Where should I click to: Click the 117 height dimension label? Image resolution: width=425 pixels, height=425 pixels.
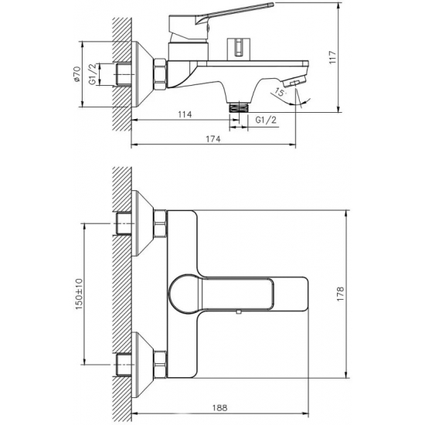click(332, 57)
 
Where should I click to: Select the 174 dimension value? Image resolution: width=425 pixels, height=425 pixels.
click(213, 139)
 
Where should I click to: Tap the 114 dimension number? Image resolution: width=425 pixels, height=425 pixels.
click(185, 114)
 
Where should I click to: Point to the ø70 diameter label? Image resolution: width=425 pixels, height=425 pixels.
click(77, 73)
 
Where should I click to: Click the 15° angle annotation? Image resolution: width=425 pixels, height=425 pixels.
click(280, 93)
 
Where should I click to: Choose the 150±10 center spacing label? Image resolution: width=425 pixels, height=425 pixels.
click(79, 294)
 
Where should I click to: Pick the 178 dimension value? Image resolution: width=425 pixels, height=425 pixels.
click(340, 294)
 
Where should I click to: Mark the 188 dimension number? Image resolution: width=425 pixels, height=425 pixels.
click(219, 407)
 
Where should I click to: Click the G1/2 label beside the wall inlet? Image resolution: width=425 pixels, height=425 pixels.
click(93, 73)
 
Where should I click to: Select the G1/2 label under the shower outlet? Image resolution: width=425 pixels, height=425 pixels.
click(266, 120)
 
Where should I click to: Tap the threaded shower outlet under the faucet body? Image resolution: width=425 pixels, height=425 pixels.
click(239, 107)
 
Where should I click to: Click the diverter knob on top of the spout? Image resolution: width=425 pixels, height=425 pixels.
click(239, 48)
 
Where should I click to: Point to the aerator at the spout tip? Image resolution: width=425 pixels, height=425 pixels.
click(294, 81)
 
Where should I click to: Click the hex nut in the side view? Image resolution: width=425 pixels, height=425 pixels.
click(160, 73)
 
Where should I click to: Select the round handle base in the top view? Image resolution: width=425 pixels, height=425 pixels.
click(185, 294)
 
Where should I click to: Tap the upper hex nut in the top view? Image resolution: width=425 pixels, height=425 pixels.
click(160, 224)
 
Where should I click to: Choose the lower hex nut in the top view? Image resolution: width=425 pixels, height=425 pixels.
click(160, 364)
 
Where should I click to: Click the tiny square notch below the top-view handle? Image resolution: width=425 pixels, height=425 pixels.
click(239, 312)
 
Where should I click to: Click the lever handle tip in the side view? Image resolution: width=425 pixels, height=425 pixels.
click(271, 5)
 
